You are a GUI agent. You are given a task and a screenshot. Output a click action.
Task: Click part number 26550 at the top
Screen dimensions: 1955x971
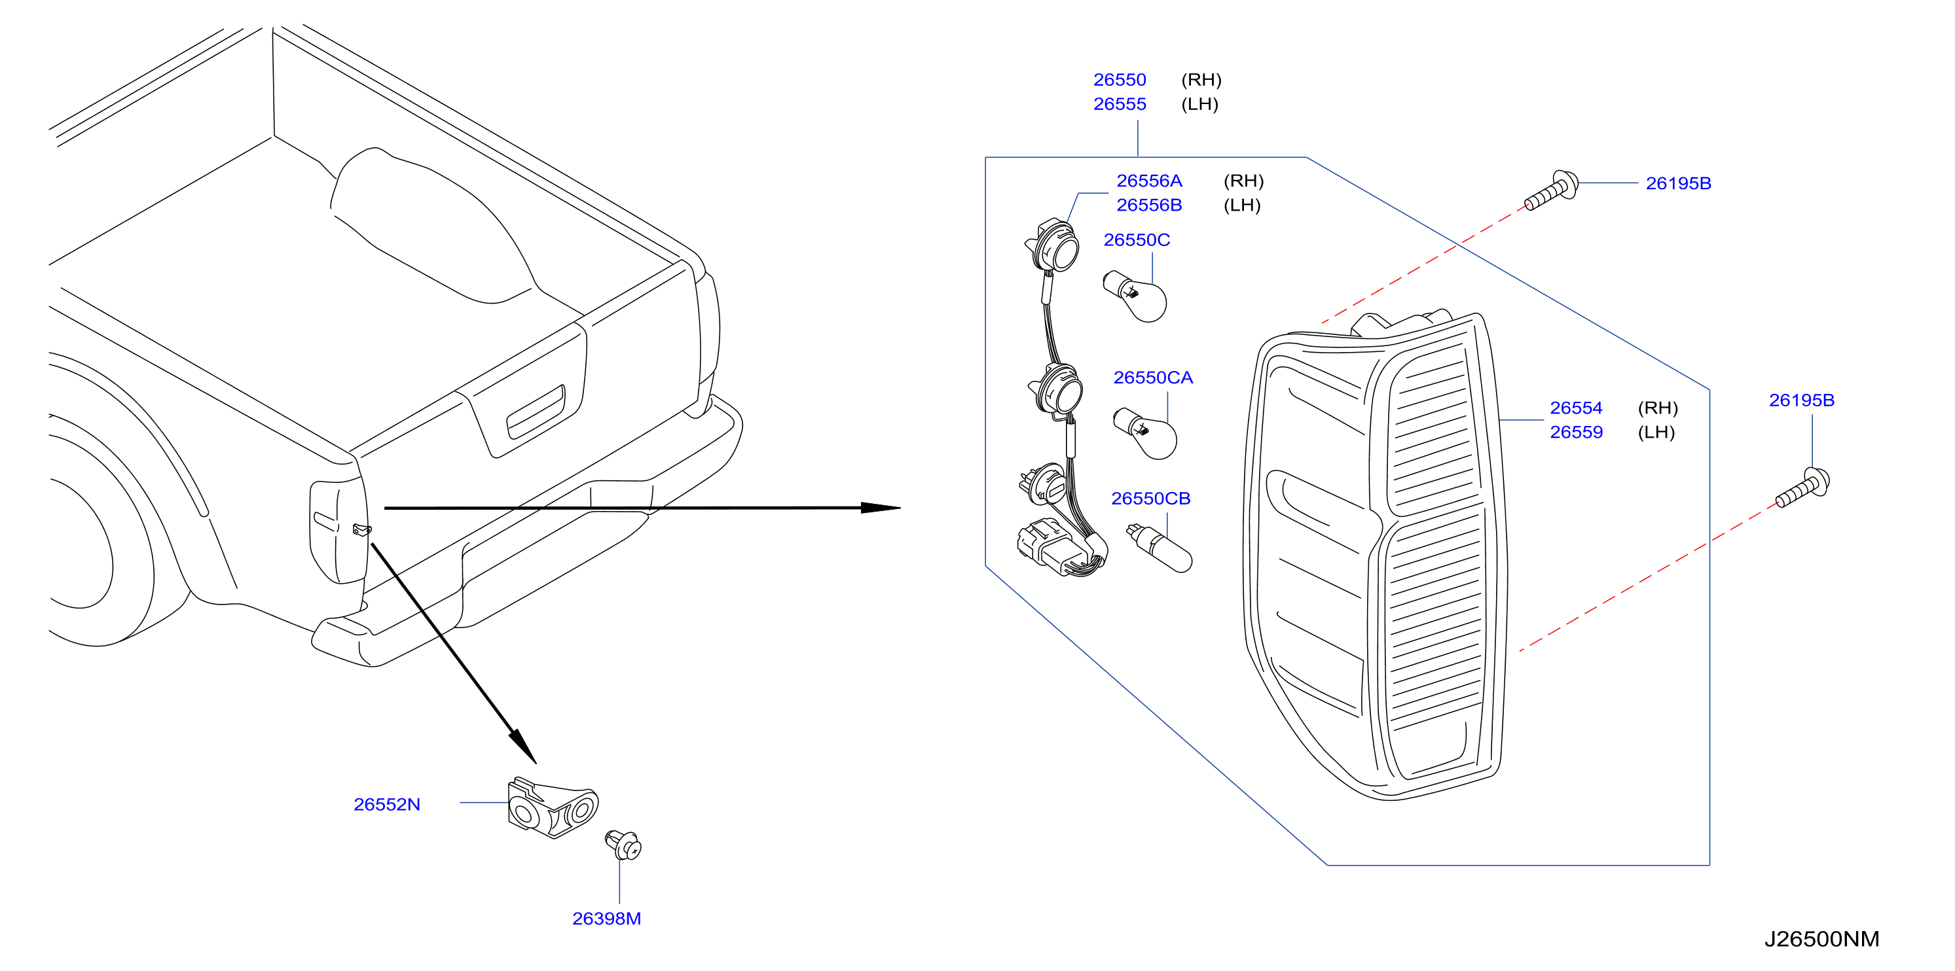click(x=1120, y=80)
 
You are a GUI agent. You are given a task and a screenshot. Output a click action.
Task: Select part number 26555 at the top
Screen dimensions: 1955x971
click(x=1120, y=104)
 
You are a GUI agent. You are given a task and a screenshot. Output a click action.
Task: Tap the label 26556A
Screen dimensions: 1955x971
click(x=1149, y=181)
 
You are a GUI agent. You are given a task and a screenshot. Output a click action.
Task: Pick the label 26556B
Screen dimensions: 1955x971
click(x=1149, y=205)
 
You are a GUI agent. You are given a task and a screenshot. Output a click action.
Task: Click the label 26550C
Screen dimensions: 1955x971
click(x=1136, y=239)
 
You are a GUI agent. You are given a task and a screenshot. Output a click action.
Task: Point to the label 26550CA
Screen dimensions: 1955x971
click(x=1153, y=378)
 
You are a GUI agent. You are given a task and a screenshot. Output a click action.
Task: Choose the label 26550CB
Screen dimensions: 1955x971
click(x=1150, y=499)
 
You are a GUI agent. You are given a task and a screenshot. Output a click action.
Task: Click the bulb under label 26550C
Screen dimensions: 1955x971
click(x=1135, y=296)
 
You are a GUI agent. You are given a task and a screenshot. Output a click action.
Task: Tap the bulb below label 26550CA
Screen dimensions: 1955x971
click(x=1145, y=434)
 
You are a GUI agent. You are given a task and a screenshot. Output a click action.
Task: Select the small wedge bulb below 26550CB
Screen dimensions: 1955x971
click(x=1160, y=548)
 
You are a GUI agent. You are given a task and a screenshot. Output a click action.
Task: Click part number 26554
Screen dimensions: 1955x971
click(x=1577, y=408)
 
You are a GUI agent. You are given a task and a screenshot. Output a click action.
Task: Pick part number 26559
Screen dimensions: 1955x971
click(x=1577, y=433)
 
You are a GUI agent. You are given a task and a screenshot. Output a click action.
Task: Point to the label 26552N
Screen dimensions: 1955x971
click(x=386, y=804)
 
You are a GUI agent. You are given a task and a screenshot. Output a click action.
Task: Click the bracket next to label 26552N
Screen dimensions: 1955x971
click(x=553, y=807)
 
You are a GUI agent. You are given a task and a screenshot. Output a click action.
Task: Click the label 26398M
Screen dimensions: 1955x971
click(x=606, y=919)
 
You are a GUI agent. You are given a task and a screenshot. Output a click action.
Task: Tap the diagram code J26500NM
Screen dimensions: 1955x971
click(x=1821, y=939)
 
